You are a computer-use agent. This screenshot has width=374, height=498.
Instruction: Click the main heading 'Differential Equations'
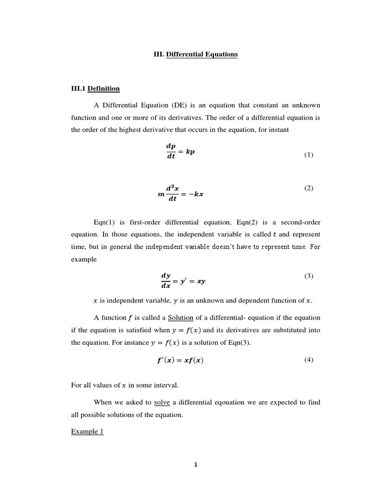pos(202,54)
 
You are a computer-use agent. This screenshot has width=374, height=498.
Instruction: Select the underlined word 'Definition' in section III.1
pos(104,89)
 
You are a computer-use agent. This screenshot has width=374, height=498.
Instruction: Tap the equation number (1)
pos(309,155)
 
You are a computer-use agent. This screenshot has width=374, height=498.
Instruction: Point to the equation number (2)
pos(309,188)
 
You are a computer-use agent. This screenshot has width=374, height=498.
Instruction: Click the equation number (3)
pos(309,276)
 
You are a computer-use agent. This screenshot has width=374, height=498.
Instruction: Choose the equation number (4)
pos(309,360)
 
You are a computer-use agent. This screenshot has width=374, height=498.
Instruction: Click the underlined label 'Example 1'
pos(87,431)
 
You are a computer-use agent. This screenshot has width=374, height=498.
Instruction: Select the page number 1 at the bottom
pos(196,464)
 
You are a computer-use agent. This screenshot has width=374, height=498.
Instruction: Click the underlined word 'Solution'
pos(181,318)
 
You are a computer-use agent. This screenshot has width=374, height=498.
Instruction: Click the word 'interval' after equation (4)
pos(166,385)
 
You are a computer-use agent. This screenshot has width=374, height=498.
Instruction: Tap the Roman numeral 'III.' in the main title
pos(159,54)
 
